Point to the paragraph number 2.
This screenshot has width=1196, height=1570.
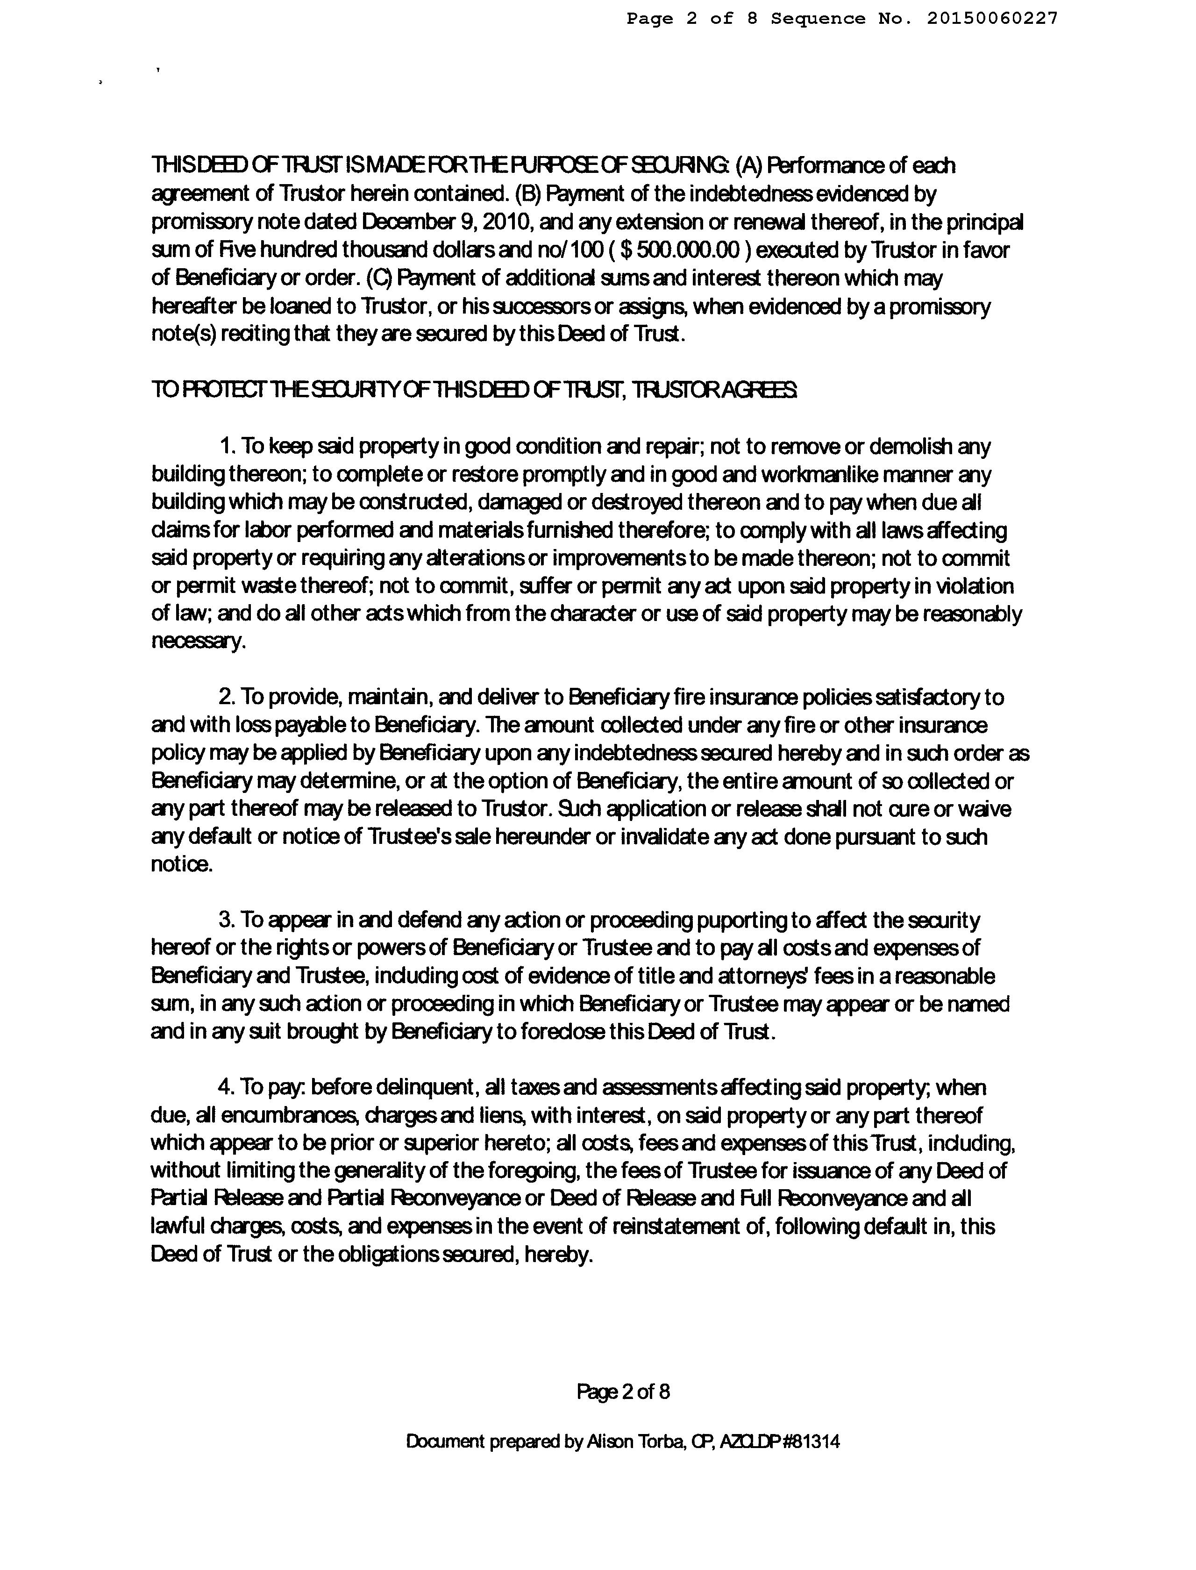click(x=227, y=697)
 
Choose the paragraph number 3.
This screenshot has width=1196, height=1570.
click(x=227, y=921)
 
